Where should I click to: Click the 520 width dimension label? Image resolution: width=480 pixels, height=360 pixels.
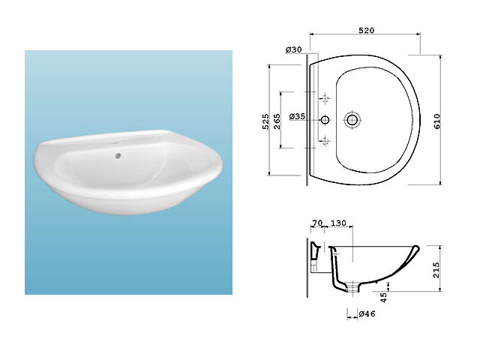367,30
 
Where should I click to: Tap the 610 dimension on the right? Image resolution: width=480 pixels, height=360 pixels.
437,121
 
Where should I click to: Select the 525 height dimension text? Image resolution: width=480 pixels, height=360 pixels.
265,121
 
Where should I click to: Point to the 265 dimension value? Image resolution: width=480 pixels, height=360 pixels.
277,121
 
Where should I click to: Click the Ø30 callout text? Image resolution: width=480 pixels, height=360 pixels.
294,49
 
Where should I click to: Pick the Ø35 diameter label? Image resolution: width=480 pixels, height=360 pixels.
297,116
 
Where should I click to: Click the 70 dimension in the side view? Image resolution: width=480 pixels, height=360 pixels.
317,223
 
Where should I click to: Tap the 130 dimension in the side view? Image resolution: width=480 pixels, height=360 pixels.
338,223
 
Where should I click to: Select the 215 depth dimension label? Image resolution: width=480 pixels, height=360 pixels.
436,270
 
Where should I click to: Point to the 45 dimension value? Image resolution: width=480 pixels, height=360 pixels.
383,297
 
